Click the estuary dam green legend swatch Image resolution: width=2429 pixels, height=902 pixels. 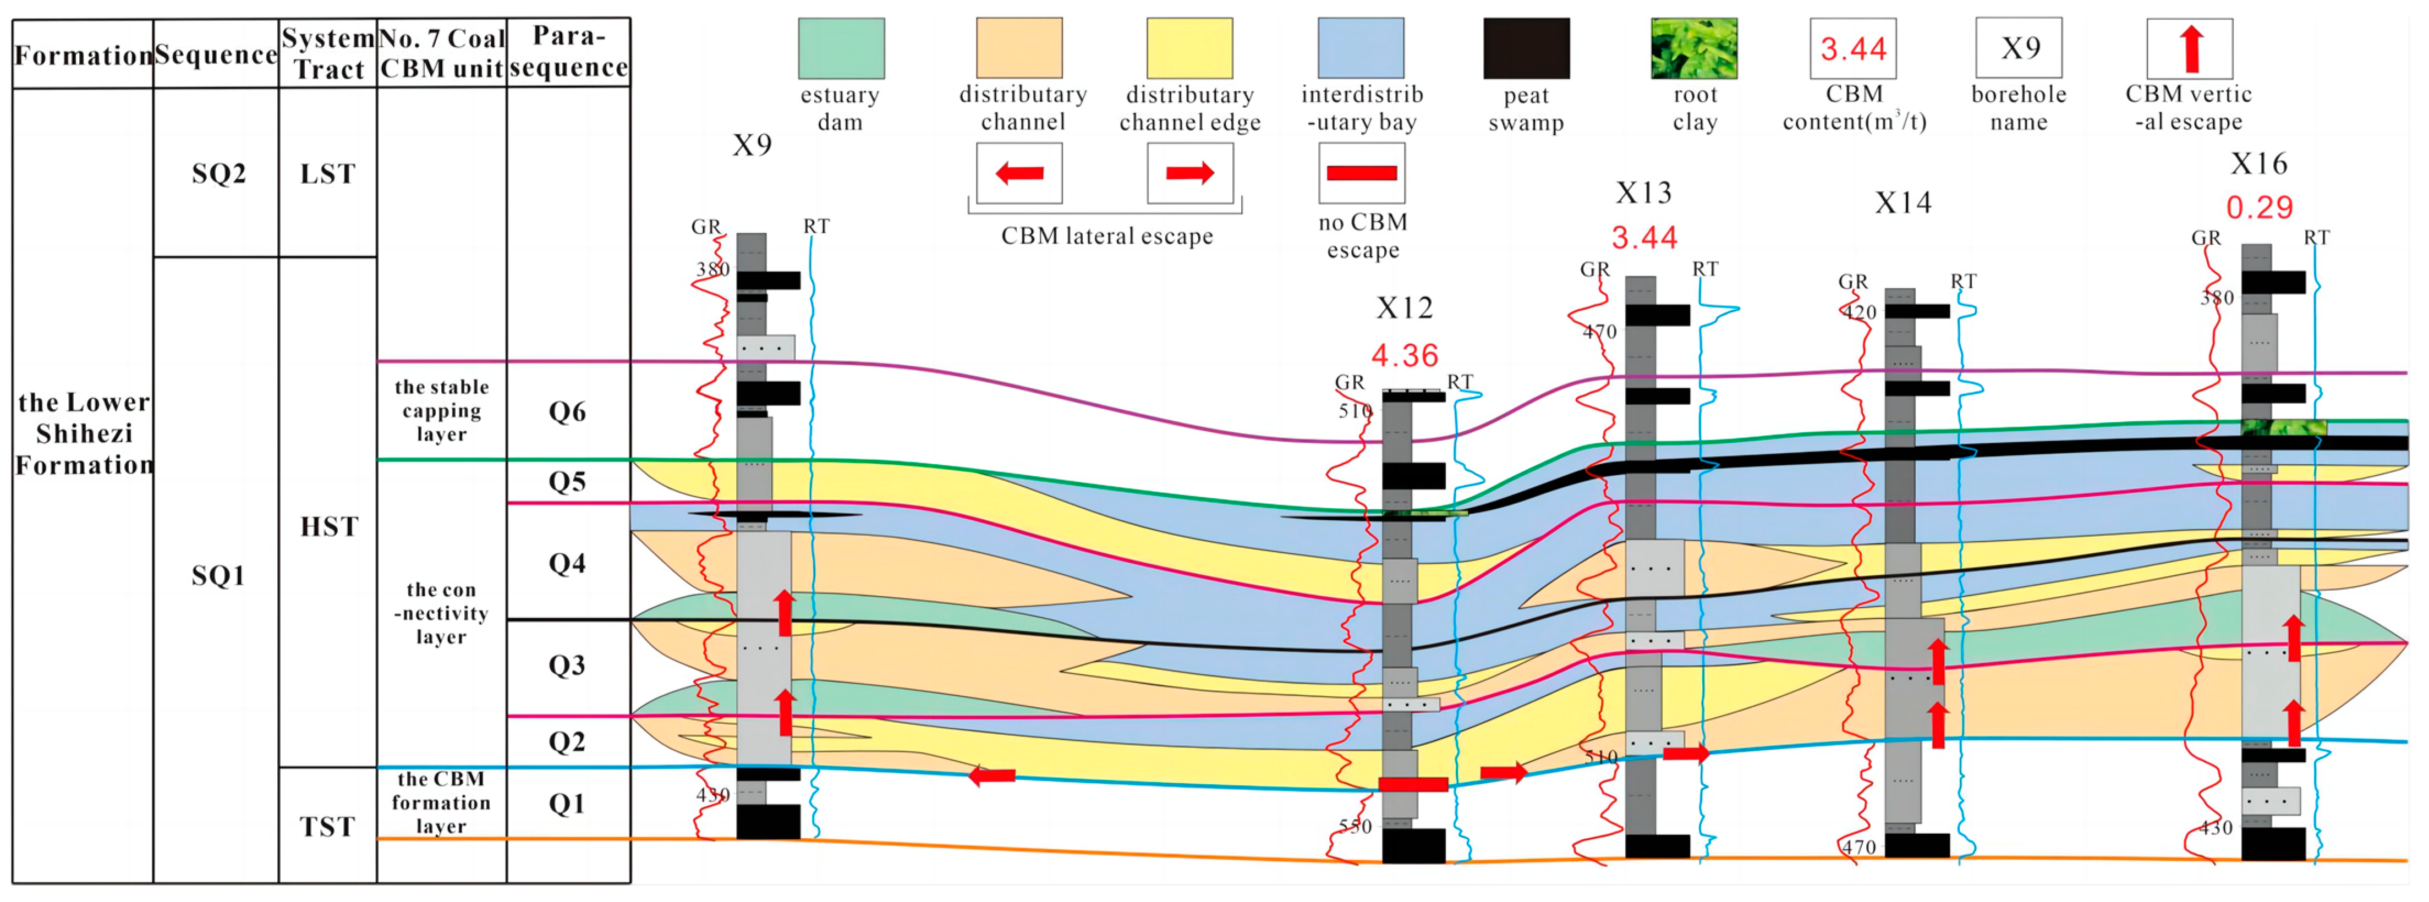[x=841, y=48]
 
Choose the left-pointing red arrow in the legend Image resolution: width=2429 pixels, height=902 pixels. [x=1019, y=173]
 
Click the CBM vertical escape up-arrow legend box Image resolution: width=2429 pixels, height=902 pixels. [x=2190, y=48]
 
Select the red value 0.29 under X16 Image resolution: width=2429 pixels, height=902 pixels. [x=2259, y=207]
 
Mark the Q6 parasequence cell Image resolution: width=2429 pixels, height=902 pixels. [x=568, y=412]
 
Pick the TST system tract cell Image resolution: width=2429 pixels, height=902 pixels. [x=327, y=827]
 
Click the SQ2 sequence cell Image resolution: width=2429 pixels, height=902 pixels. [x=218, y=173]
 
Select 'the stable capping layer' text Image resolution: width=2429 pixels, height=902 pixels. [x=441, y=411]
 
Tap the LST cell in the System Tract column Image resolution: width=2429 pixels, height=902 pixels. [x=327, y=173]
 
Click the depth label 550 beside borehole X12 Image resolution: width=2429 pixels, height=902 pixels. [x=1355, y=827]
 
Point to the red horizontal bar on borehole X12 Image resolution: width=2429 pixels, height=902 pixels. [x=1412, y=784]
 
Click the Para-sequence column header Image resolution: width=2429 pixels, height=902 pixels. [x=568, y=52]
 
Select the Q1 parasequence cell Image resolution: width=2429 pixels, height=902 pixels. [x=568, y=803]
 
